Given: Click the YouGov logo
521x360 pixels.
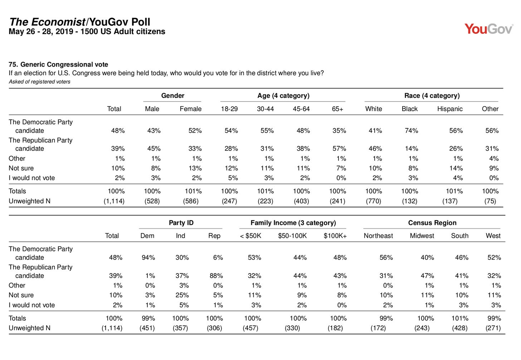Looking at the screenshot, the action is [x=489, y=29].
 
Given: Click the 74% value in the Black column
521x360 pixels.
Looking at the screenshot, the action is [x=411, y=130].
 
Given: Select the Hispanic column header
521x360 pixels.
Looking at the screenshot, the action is [x=449, y=109].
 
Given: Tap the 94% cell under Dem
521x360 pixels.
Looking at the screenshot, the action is [x=148, y=257].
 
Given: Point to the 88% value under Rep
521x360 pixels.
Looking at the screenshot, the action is [x=216, y=276].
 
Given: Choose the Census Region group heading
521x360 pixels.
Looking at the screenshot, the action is [x=432, y=223].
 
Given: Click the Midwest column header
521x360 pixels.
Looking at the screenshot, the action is [x=422, y=236].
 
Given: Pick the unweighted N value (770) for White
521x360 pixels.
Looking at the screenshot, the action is [x=374, y=201].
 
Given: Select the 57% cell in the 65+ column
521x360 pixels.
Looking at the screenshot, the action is [x=339, y=148].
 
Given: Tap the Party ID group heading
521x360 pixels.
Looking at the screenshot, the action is [x=181, y=223].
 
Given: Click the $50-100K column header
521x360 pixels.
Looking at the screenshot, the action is [x=292, y=236].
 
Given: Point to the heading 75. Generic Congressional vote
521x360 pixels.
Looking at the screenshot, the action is [x=58, y=64].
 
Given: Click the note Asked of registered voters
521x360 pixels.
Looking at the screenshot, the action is [x=39, y=82].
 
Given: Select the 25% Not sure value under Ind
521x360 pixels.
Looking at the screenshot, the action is [x=182, y=295].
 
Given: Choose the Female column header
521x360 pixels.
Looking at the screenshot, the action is [x=190, y=109].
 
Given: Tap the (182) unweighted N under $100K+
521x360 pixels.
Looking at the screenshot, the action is [x=335, y=328].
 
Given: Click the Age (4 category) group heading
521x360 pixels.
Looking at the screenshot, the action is [x=283, y=95].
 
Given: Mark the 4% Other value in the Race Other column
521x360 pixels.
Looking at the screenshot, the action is [x=494, y=158].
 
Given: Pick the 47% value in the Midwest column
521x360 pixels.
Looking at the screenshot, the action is [x=427, y=276].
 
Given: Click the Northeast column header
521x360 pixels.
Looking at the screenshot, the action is [x=378, y=236].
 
